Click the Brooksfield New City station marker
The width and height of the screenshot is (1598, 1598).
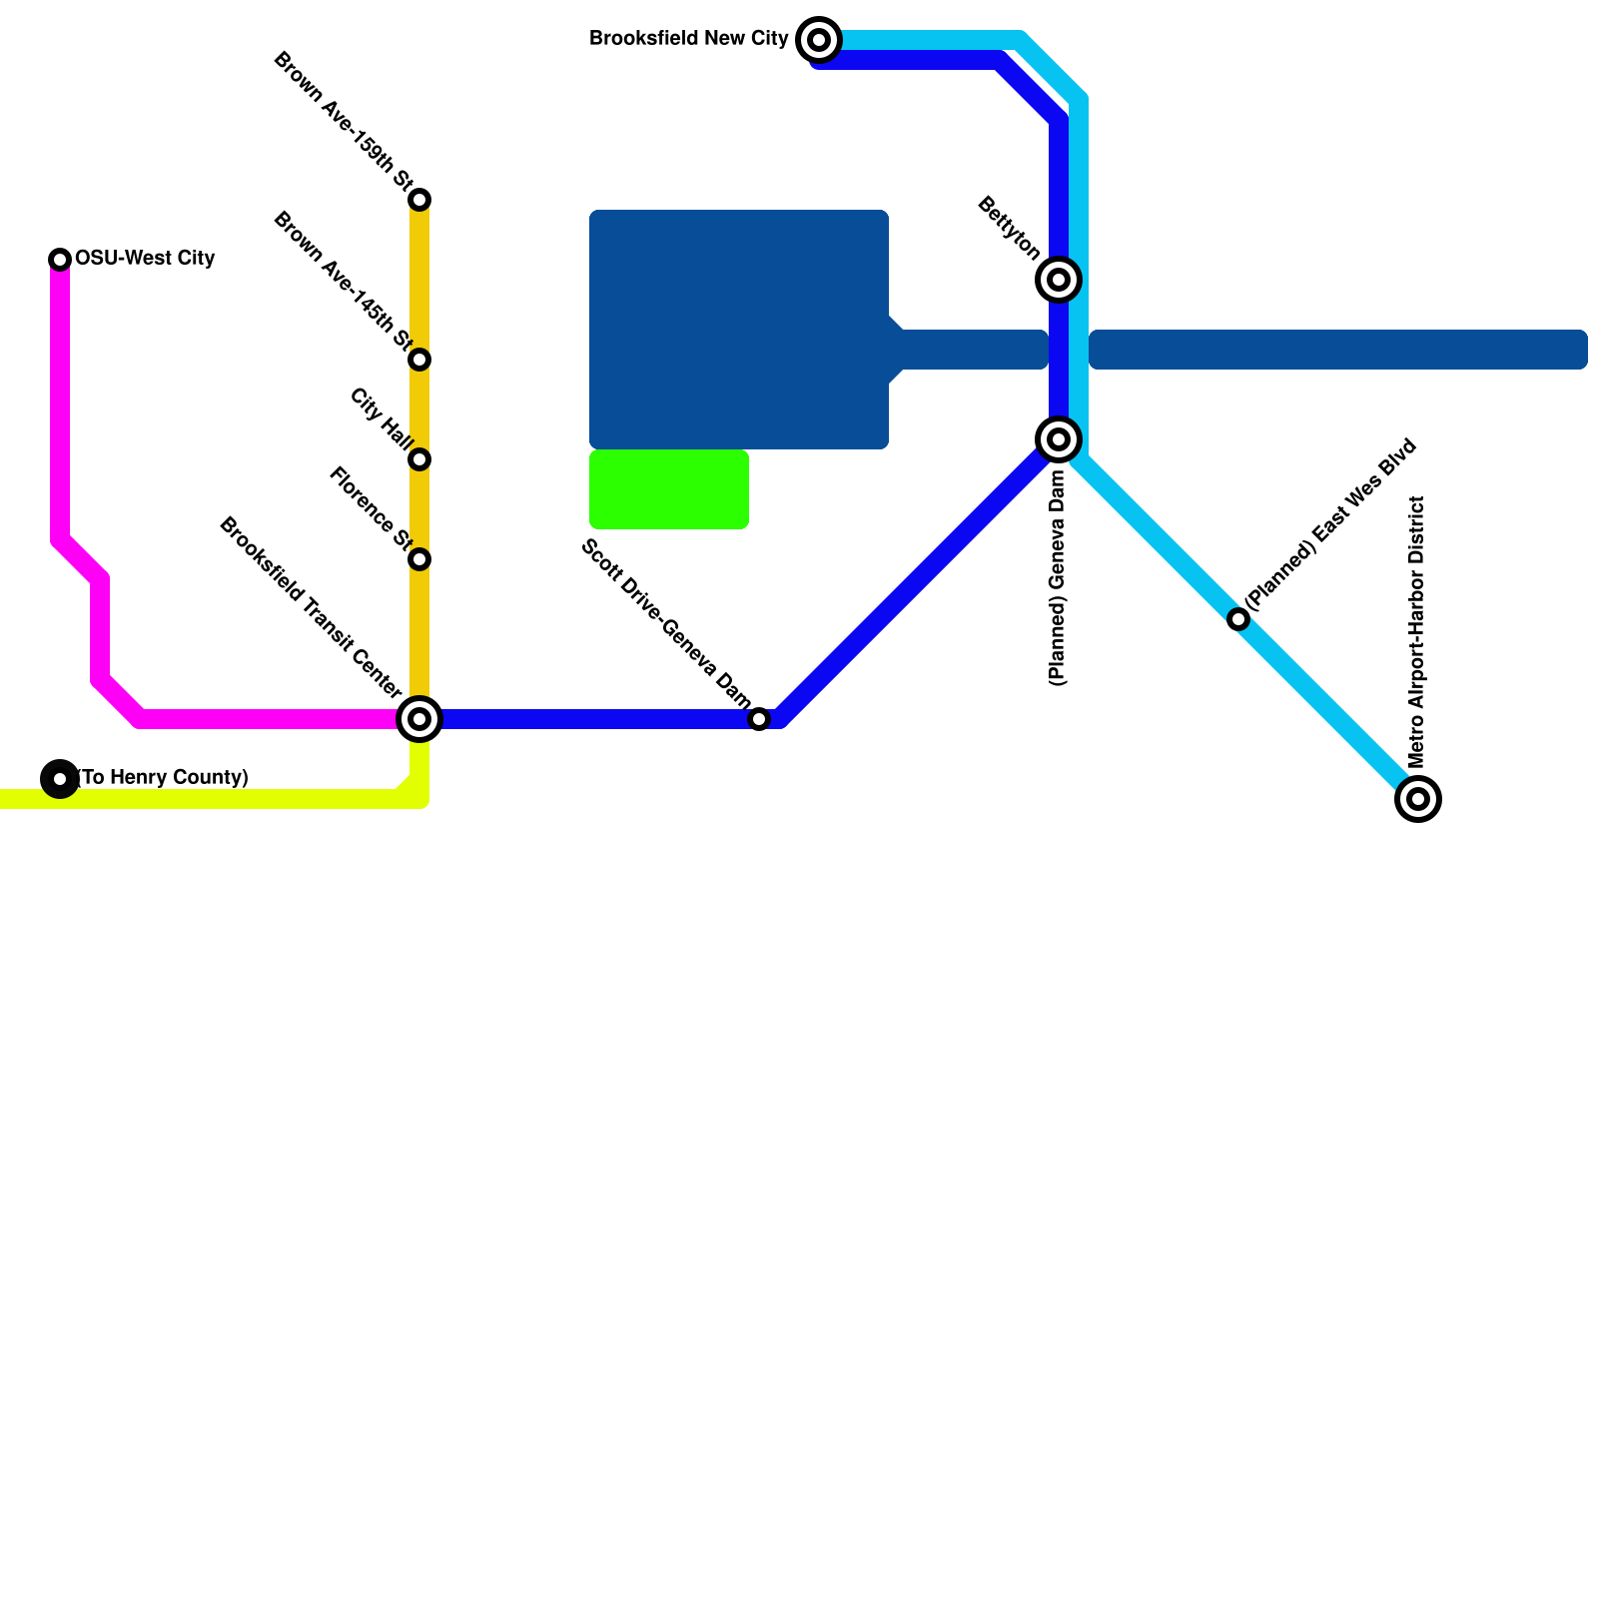pos(819,40)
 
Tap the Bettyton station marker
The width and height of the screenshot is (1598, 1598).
pos(1059,280)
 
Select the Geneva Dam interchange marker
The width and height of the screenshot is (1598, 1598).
pos(1059,439)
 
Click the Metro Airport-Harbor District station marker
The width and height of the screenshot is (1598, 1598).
pos(1418,799)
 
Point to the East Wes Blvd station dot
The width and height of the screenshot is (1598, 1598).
pos(1238,619)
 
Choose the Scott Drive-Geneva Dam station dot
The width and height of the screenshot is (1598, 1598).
pos(759,719)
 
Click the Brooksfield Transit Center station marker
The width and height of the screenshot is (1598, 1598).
pos(419,719)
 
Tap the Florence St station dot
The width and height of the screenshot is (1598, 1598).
pos(419,559)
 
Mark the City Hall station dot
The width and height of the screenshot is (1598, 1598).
pos(419,459)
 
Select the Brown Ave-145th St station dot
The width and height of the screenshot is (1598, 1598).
pos(419,360)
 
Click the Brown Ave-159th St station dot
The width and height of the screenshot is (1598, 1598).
pos(419,200)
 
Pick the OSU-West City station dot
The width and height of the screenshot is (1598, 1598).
pos(60,260)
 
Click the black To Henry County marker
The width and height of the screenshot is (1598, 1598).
pos(60,779)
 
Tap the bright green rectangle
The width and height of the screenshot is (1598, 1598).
pos(669,489)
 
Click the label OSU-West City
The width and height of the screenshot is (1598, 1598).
pos(145,259)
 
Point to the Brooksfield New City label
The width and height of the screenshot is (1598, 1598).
pos(689,39)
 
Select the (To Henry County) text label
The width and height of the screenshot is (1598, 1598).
pos(163,777)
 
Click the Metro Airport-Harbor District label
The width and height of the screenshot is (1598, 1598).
pos(1416,632)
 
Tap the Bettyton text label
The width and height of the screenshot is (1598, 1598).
pos(1009,228)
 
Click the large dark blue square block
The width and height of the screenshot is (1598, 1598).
pos(739,330)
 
